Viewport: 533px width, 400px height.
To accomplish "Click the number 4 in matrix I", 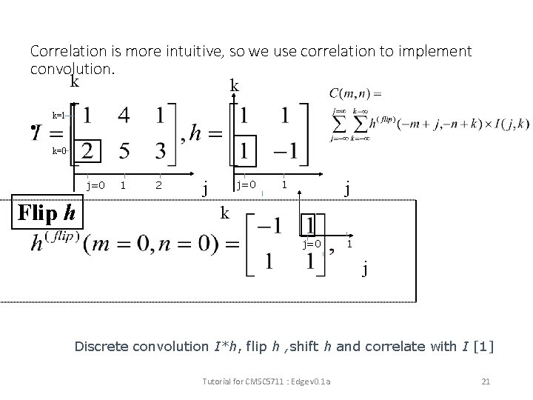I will tap(124, 116).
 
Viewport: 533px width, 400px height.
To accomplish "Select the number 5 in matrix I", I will tap(124, 151).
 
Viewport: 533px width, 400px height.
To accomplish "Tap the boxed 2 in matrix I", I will tap(87, 151).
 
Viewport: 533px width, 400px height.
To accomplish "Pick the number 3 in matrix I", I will tap(161, 151).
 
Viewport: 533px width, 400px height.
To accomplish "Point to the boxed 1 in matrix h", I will tap(243, 151).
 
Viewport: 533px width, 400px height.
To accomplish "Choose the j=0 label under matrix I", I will tap(95, 184).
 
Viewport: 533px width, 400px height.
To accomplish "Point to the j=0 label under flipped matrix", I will tap(311, 244).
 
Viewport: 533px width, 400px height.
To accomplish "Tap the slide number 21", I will tap(486, 381).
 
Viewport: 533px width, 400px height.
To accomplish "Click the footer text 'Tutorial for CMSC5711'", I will tap(244, 381).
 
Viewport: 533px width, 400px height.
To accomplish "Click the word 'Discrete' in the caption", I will tap(104, 345).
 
